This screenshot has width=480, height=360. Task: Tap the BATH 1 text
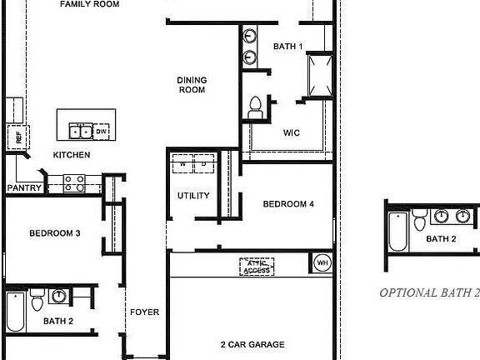(288, 47)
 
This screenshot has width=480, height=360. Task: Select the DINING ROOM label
(192, 85)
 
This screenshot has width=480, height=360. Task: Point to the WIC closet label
(292, 132)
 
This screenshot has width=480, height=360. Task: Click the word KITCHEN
(72, 155)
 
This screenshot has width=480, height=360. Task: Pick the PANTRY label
(24, 188)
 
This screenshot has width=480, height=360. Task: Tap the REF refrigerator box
(14, 135)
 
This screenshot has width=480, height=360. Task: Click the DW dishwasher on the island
(102, 132)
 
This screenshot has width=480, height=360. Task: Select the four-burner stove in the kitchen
(73, 182)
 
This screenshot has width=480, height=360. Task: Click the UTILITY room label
(193, 197)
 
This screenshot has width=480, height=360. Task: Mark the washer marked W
(182, 164)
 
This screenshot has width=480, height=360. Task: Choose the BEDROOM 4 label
(288, 204)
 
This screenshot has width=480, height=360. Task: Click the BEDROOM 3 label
(54, 233)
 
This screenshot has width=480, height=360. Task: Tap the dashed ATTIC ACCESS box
(257, 267)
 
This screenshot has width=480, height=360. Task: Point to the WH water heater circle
(322, 263)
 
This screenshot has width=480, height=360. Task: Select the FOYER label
(144, 312)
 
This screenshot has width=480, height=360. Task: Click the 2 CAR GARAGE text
(252, 344)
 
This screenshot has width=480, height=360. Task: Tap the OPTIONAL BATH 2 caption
(429, 292)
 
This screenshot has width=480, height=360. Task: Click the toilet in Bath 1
(256, 105)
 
